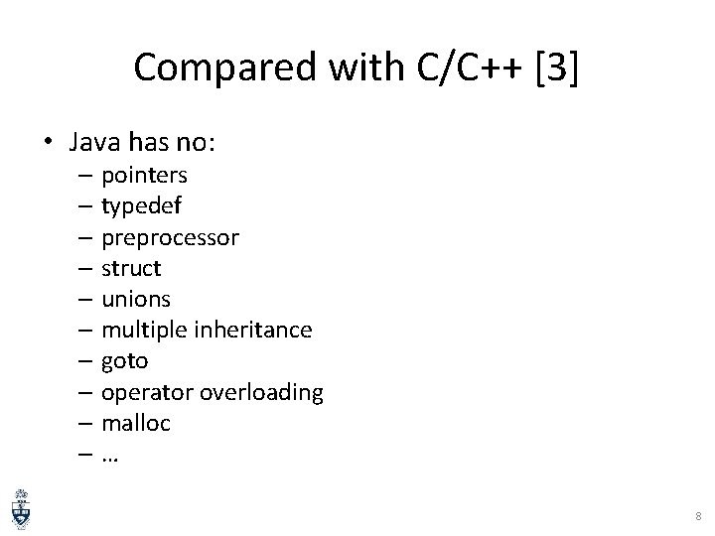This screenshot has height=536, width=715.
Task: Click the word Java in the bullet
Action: point(92,143)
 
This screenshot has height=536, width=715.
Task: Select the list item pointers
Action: point(144,176)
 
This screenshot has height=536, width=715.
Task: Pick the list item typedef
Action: point(141,206)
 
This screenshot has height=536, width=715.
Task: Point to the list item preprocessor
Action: point(169,238)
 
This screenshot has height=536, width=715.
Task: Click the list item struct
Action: point(131,268)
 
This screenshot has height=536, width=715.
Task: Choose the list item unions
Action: point(136,299)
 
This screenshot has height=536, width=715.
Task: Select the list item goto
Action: point(124,361)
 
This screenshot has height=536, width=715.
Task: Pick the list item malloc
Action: point(136,423)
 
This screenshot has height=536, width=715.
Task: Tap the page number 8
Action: point(697,517)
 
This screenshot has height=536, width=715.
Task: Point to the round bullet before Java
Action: point(49,143)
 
